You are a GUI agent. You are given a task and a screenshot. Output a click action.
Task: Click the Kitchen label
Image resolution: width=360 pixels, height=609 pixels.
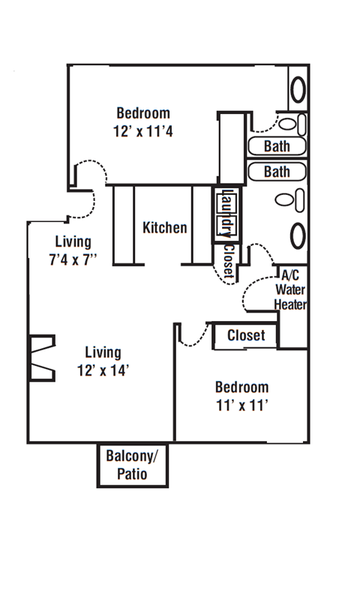[165, 227]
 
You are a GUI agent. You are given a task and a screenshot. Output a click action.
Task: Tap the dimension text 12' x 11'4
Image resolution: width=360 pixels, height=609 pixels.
[143, 131]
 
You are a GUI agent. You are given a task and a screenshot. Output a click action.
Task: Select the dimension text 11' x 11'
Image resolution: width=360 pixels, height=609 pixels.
[242, 406]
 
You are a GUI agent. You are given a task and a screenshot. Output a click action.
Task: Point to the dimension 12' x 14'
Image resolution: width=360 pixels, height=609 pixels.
[103, 370]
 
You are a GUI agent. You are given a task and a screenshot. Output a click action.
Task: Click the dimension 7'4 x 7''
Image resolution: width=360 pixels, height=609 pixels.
[73, 259]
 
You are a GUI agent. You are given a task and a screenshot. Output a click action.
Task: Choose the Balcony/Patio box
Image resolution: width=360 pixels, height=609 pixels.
[133, 465]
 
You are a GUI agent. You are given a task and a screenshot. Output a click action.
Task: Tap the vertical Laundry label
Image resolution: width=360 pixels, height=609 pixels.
[226, 213]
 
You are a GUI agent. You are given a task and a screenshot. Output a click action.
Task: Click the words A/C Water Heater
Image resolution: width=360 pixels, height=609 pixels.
[290, 289]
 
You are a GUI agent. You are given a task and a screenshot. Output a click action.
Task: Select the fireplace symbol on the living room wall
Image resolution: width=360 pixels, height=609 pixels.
[42, 358]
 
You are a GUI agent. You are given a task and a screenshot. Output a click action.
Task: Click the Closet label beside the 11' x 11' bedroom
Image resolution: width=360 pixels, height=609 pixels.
[246, 335]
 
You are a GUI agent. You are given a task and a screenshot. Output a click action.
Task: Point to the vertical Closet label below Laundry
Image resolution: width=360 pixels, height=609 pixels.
[228, 260]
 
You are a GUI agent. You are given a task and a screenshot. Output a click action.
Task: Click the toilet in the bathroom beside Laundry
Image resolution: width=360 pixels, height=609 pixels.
[290, 200]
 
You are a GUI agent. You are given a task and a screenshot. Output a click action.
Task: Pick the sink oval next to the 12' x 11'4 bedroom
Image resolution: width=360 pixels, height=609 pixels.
[298, 90]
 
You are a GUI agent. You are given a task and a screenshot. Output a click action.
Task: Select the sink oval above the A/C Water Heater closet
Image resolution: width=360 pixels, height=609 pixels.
[298, 235]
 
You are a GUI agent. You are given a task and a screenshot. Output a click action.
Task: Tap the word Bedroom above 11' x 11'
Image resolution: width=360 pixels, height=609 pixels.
[242, 387]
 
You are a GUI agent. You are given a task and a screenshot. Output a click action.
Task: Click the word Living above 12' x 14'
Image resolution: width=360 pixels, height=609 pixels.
[103, 352]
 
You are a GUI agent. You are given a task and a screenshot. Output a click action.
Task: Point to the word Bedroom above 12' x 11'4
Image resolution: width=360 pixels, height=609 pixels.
[143, 113]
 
